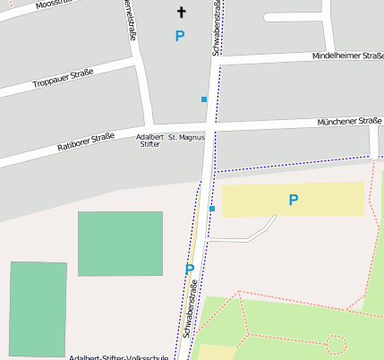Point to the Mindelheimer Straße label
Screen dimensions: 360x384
point(347,56)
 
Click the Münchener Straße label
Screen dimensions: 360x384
point(350,121)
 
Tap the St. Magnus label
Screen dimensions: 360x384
point(186,137)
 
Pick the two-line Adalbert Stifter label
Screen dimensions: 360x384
point(149,141)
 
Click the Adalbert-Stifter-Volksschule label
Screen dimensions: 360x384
point(118,356)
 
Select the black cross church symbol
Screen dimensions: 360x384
point(182,13)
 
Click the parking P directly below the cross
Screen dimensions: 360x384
point(180,36)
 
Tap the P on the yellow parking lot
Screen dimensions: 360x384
point(293,201)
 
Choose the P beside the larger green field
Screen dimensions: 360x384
point(189,269)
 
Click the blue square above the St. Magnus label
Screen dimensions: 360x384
point(204,99)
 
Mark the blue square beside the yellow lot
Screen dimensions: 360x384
point(212,209)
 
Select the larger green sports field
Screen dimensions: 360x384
point(120,244)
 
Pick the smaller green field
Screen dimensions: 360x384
point(38,309)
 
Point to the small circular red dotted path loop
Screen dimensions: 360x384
point(336,343)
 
